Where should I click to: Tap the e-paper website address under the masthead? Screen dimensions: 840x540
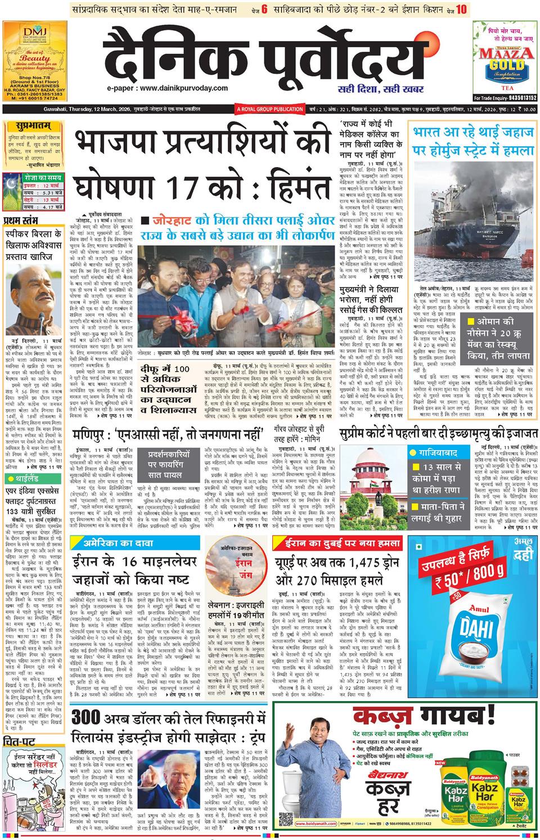(x=168, y=88)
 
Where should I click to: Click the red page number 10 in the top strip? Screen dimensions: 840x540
(x=461, y=10)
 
